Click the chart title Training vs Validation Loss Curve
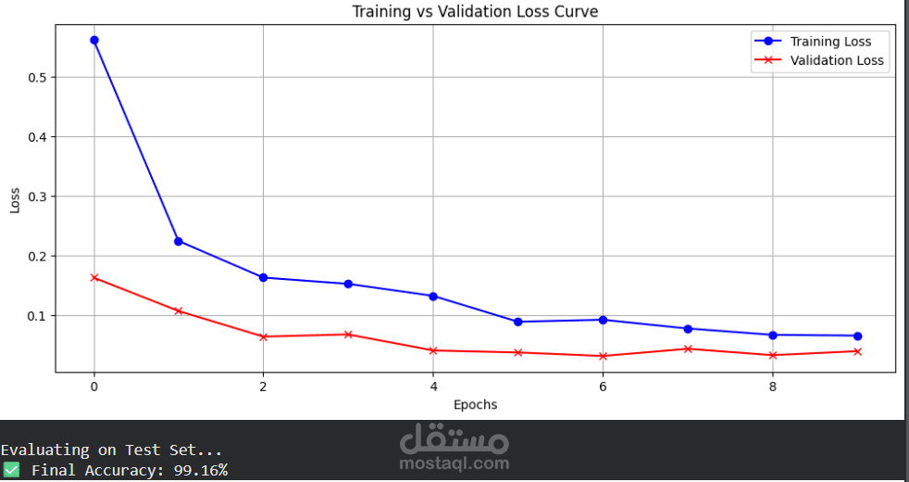[475, 11]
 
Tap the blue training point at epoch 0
[94, 40]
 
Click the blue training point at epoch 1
[179, 241]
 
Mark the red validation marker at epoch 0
[94, 277]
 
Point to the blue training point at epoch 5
[517, 322]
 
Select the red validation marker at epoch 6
[603, 356]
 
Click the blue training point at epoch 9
[857, 336]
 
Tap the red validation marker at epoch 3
[348, 334]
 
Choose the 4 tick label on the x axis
[433, 387]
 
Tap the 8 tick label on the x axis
[773, 387]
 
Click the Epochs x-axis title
[475, 404]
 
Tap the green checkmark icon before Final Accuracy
[10, 470]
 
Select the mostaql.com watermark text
[454, 463]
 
